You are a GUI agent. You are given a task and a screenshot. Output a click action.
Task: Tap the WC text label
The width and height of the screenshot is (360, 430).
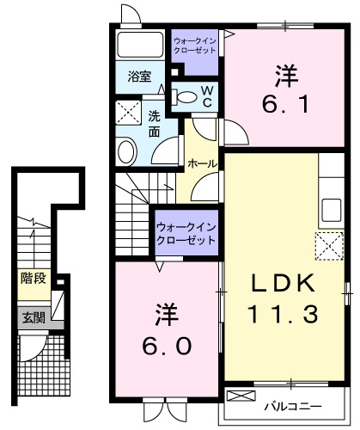click(x=206, y=95)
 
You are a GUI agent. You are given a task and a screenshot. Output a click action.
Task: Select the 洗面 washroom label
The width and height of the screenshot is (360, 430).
click(x=154, y=125)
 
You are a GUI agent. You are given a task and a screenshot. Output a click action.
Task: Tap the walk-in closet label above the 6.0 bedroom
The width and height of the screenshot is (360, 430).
click(x=186, y=233)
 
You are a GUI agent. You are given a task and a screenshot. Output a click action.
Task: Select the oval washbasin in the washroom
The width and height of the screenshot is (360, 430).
click(x=127, y=151)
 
